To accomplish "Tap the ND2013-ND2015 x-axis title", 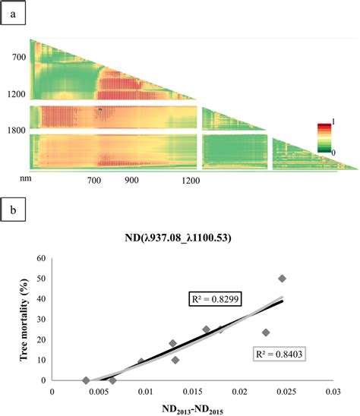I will pos(191,409).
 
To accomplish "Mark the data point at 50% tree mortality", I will pos(283,279).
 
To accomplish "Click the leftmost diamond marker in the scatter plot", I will pos(86,380).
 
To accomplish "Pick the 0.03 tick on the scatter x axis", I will pos(332,392).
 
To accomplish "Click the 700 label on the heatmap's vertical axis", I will pos(17,57).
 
